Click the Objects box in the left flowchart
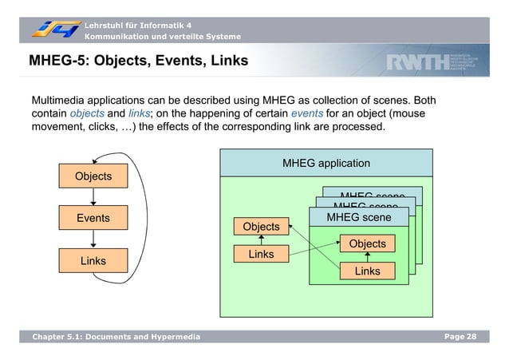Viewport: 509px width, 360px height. coord(93,176)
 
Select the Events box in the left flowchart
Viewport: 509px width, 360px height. coord(93,218)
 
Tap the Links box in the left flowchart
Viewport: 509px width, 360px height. coord(93,260)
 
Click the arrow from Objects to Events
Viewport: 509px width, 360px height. coord(93,196)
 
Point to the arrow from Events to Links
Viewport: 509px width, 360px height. coord(93,239)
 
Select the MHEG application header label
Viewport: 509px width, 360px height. coord(326,164)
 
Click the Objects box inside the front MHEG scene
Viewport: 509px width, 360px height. coord(367,243)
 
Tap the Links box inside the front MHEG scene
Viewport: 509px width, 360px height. coord(367,271)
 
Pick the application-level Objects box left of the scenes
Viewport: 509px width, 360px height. coord(261,227)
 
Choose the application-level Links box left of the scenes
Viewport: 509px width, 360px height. coord(261,255)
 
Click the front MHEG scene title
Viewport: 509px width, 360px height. coord(358,217)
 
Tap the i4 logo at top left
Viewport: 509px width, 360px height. coord(56,29)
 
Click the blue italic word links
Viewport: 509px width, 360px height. coord(140,113)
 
